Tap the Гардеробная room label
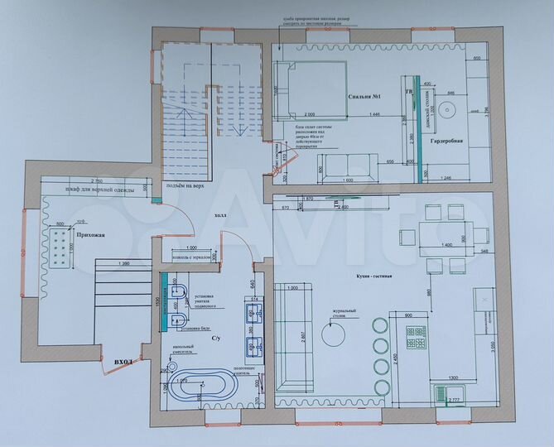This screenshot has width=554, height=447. point(450,142)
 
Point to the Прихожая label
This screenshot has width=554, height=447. point(91,237)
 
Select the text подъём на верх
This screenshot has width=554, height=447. point(185,186)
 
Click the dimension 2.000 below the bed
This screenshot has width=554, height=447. point(310,113)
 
